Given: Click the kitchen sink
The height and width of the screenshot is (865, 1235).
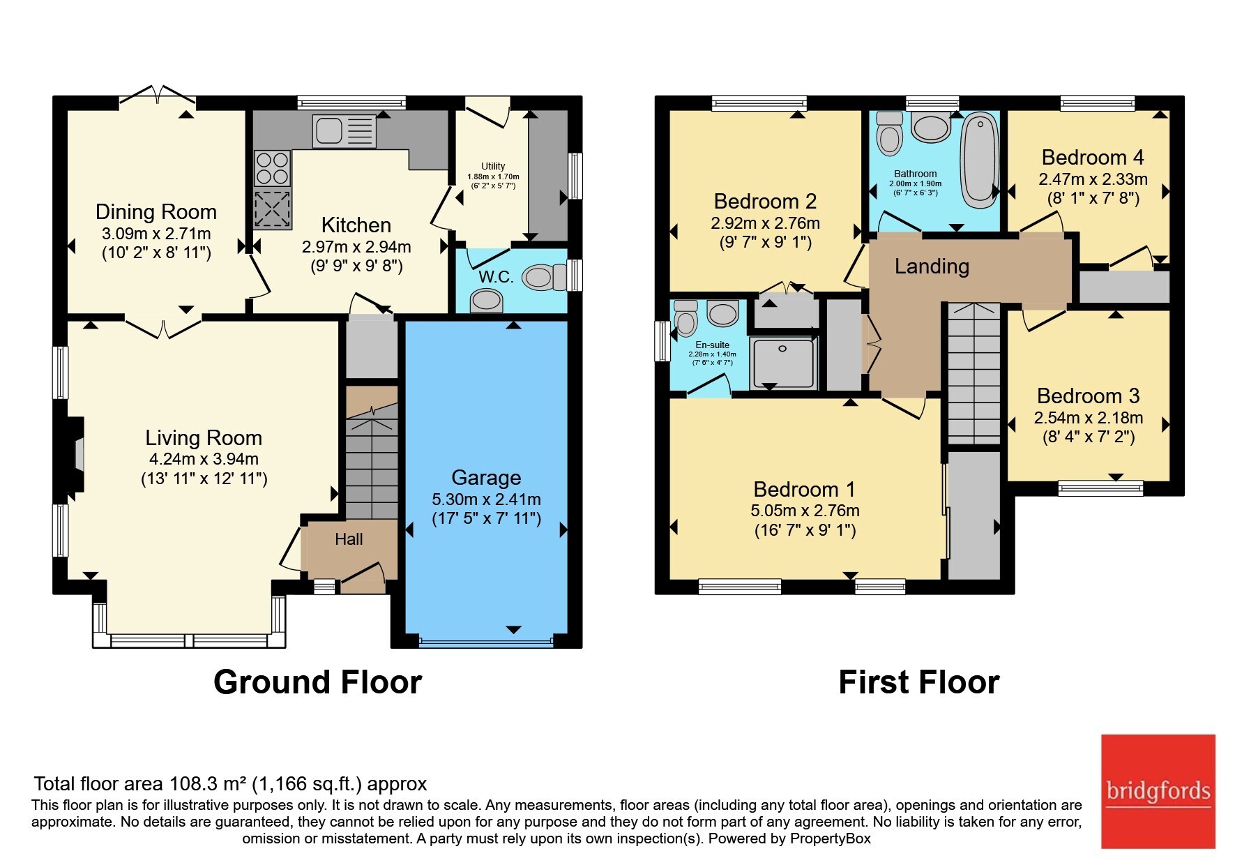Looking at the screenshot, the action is click(x=344, y=131).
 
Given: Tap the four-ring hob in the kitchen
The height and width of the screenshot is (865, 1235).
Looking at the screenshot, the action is click(x=272, y=168).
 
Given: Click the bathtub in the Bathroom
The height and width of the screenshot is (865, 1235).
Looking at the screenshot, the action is click(x=979, y=161).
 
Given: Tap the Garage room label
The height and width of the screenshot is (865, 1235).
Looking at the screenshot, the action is click(x=486, y=478).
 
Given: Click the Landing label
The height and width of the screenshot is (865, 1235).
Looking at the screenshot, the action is click(x=932, y=266).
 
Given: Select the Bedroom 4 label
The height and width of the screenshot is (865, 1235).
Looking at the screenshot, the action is click(x=1093, y=158).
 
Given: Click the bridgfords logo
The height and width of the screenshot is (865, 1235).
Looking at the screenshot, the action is click(x=1158, y=792).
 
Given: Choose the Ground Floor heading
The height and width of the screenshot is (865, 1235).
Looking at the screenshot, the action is click(x=317, y=682).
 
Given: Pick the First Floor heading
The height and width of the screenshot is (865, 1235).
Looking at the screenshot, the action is click(x=918, y=682).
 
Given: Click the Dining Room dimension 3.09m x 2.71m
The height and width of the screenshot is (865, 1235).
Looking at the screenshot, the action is click(x=156, y=234).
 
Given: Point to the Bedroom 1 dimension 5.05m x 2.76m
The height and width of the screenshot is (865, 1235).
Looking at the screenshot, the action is click(x=805, y=511).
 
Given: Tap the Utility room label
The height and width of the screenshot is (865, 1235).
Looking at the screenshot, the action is click(x=493, y=166).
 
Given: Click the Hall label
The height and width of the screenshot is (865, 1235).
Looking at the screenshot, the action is click(x=349, y=539).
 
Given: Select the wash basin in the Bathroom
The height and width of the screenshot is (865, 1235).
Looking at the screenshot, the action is click(x=930, y=128).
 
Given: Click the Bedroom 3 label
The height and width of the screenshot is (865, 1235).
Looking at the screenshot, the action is click(x=1088, y=396).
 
